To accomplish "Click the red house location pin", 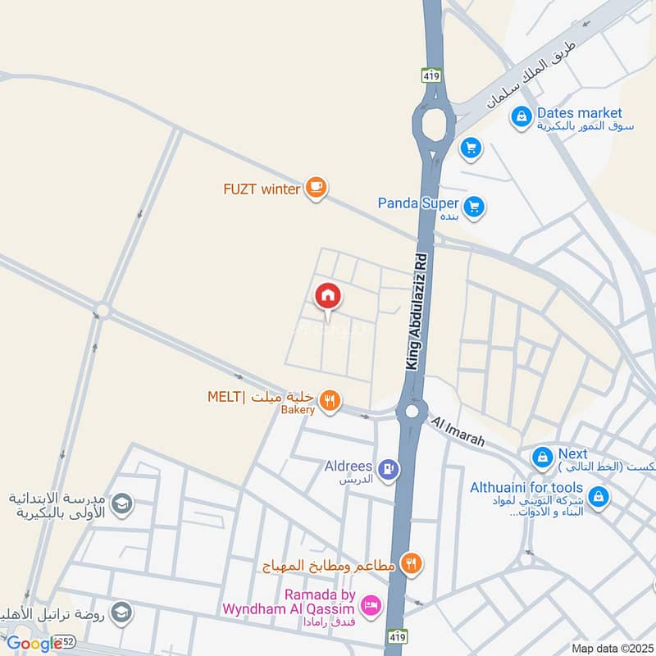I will pyautogui.click(x=328, y=296).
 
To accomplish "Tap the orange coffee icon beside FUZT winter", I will pyautogui.click(x=316, y=189).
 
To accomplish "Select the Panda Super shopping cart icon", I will pyautogui.click(x=473, y=207).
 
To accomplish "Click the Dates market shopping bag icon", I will pyautogui.click(x=521, y=118).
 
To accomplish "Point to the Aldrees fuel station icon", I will pyautogui.click(x=389, y=470).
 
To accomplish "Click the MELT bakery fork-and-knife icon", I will pyautogui.click(x=330, y=399).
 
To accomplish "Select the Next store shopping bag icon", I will pyautogui.click(x=541, y=456).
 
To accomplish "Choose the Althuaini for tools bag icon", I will pyautogui.click(x=599, y=497).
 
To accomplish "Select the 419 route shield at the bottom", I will pyautogui.click(x=397, y=636).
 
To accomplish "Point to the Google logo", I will pyautogui.click(x=34, y=644).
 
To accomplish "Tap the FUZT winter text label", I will pyautogui.click(x=262, y=189).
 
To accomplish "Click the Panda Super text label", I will pyautogui.click(x=417, y=203).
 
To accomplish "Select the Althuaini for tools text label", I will pyautogui.click(x=526, y=488).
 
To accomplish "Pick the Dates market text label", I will pyautogui.click(x=579, y=113).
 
